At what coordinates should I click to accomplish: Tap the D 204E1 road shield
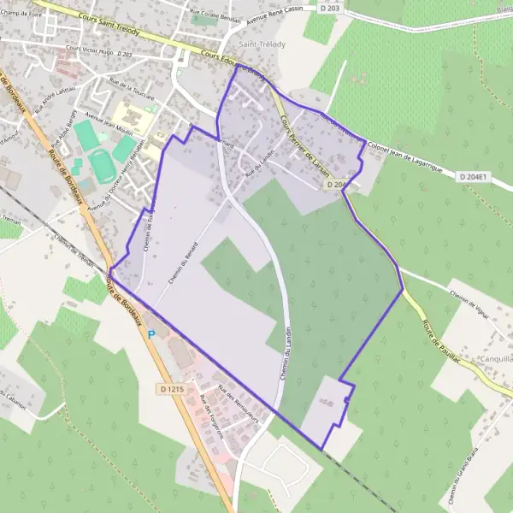pos(473,177)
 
